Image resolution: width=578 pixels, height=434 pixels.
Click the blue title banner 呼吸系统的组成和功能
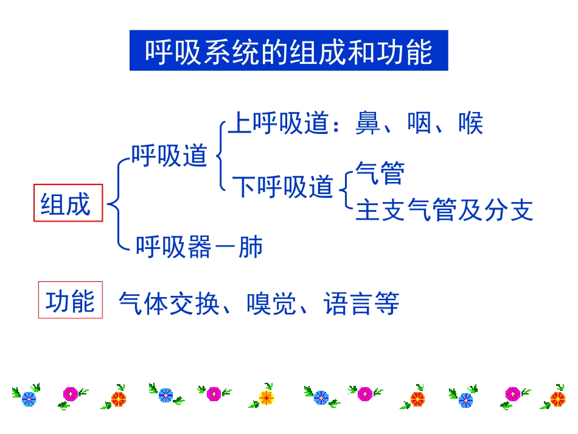click(288, 51)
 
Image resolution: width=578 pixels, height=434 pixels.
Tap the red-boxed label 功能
click(71, 300)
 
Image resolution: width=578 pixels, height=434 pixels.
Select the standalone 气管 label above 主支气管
click(380, 173)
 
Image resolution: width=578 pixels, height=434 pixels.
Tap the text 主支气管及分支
click(444, 210)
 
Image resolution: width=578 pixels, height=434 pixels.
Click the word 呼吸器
click(173, 247)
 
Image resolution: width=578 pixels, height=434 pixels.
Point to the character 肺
click(251, 247)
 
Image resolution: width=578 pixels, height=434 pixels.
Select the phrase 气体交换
click(169, 303)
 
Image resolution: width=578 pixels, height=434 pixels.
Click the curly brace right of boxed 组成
click(116, 204)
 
